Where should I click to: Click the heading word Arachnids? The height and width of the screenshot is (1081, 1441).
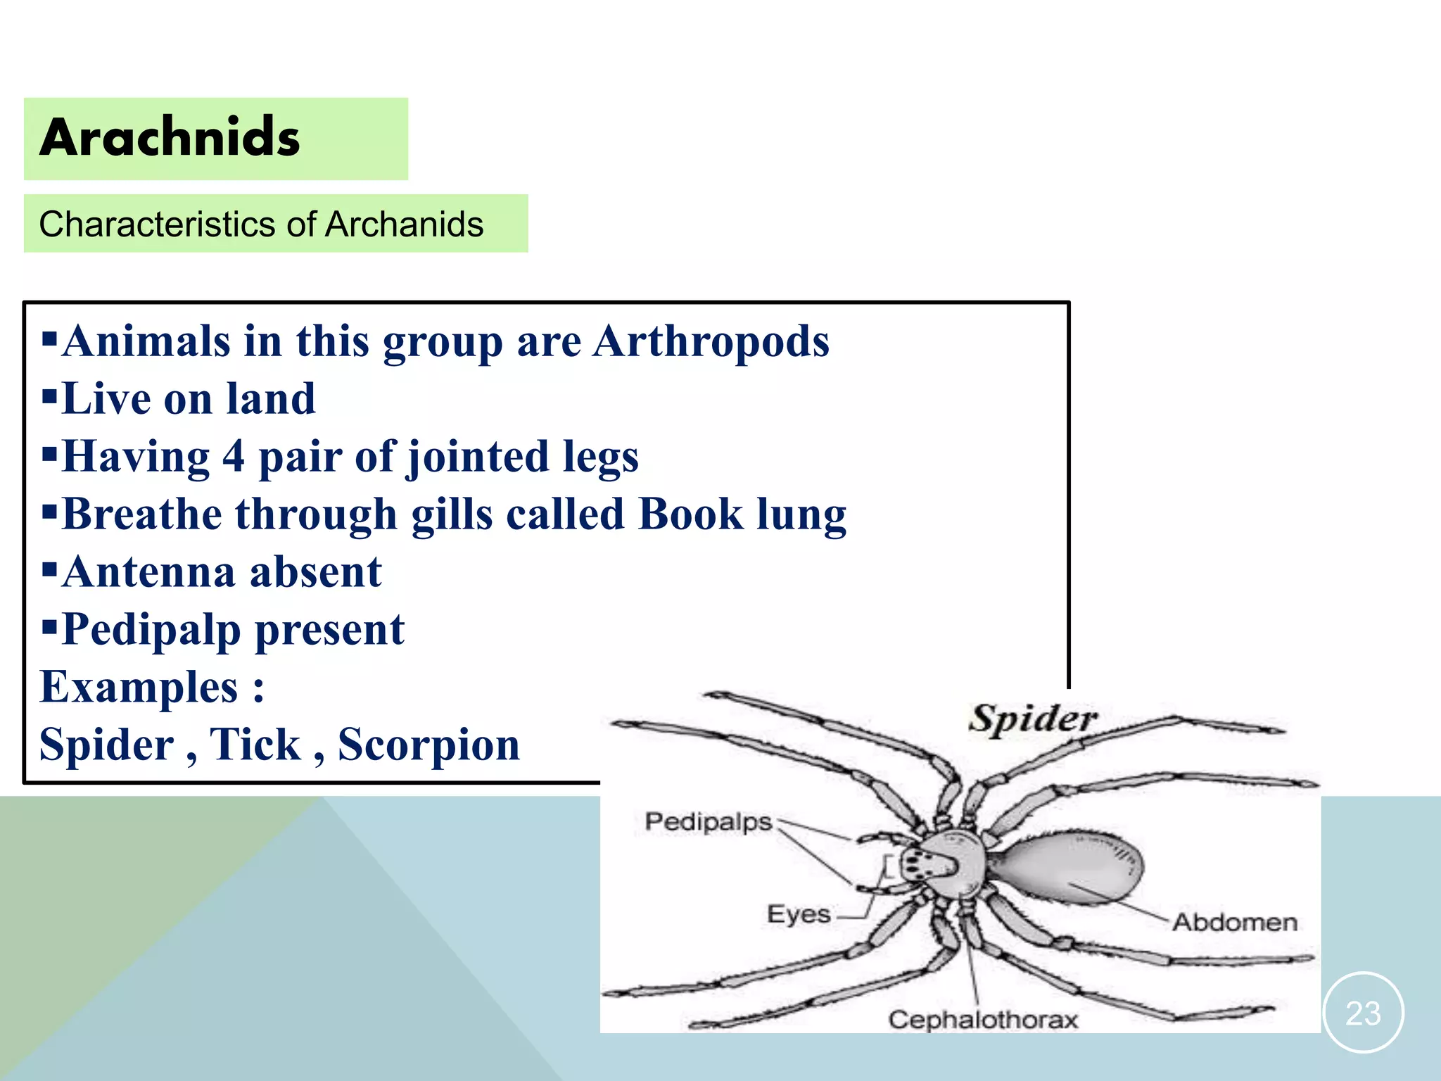(170, 137)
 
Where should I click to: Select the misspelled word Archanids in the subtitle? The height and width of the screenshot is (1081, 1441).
(405, 225)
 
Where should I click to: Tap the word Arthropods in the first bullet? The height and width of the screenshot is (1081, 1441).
(711, 341)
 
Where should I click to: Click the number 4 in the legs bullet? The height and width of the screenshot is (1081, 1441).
(234, 456)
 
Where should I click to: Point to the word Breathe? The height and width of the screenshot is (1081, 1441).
(141, 514)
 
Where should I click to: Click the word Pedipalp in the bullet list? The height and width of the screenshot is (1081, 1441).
(151, 630)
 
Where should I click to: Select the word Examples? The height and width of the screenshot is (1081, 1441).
(139, 687)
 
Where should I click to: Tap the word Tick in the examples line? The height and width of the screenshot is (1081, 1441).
(255, 745)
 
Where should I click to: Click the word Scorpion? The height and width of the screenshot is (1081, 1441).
(429, 745)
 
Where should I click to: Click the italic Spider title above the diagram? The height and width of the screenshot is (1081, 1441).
(1033, 719)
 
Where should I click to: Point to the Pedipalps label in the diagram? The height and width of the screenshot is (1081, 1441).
(708, 821)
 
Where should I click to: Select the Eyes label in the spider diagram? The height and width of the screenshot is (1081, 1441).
(799, 914)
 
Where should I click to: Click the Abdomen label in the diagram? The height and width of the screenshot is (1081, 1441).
(1234, 922)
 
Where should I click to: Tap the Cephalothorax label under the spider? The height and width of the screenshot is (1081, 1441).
(983, 1019)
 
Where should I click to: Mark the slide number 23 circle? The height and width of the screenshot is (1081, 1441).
(1363, 1013)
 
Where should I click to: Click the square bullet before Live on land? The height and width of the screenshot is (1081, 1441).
(49, 398)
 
